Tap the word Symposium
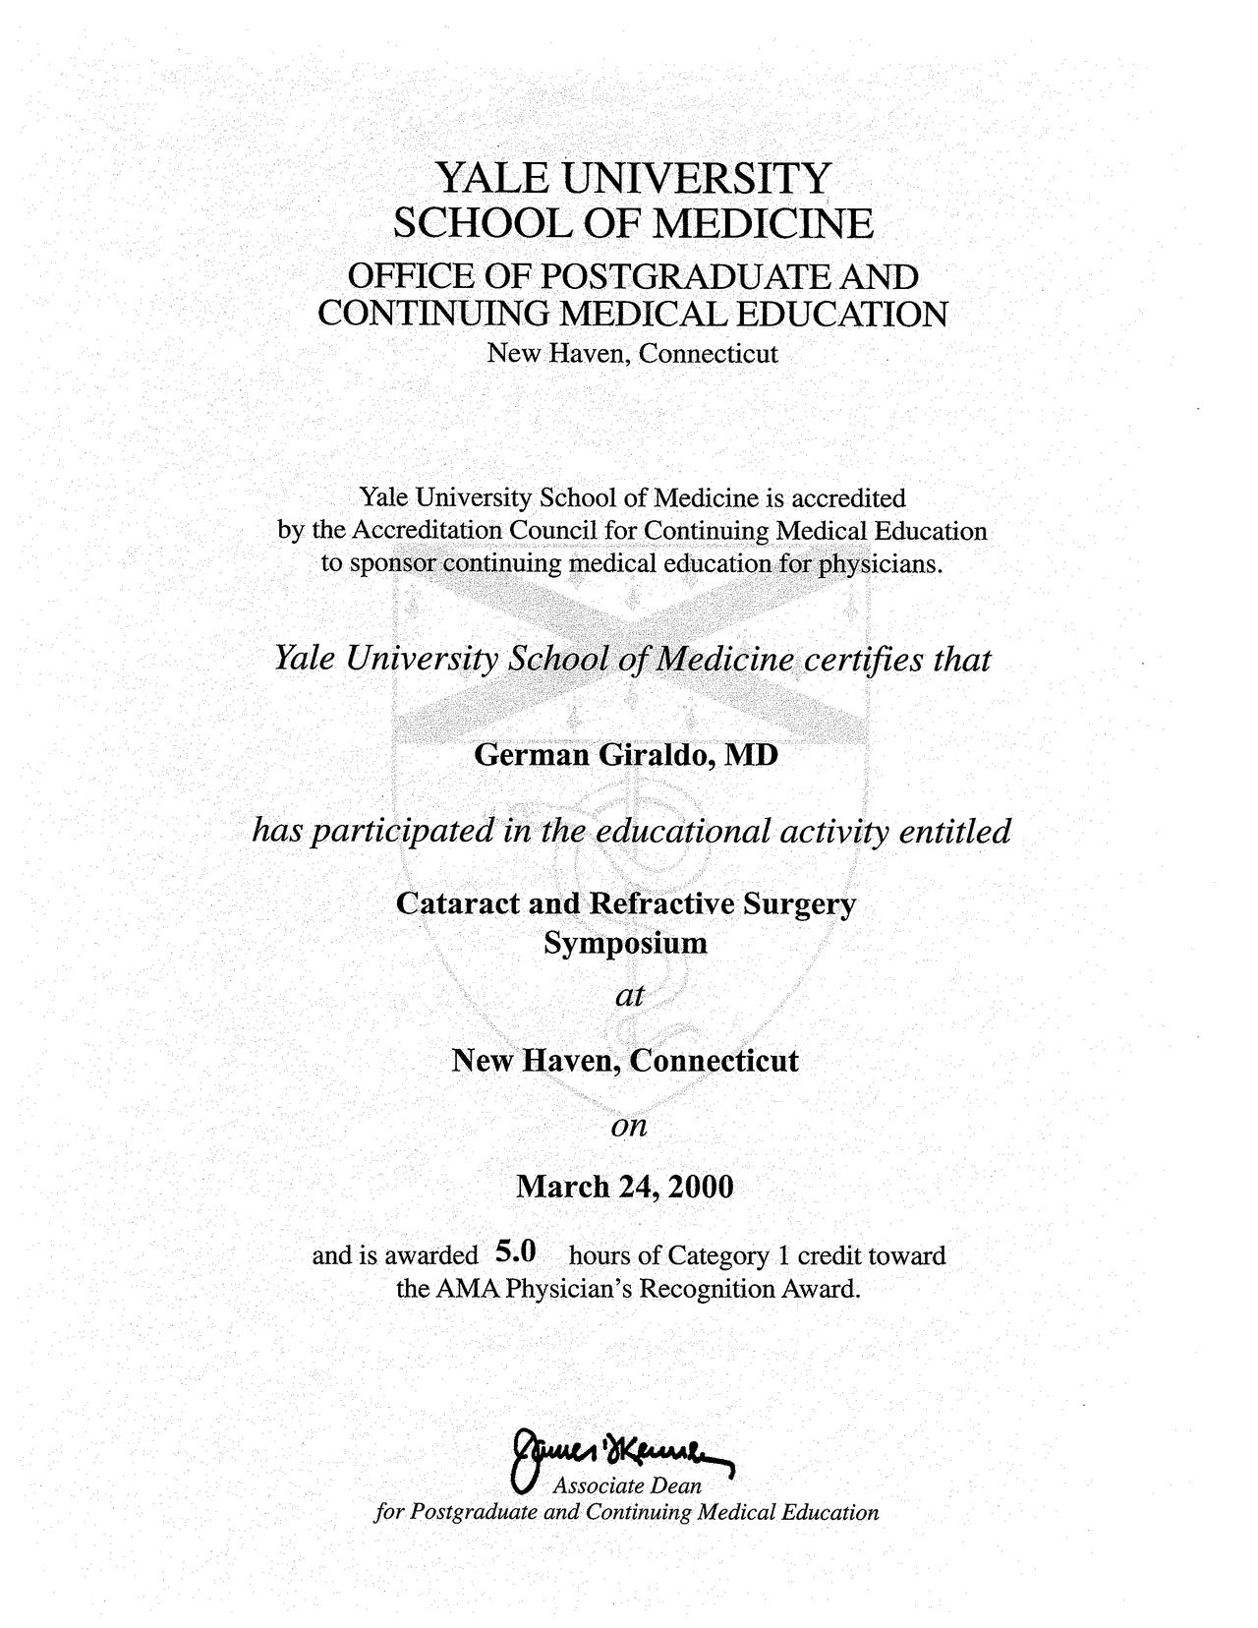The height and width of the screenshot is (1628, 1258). click(x=626, y=944)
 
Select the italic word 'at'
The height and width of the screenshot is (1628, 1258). click(x=628, y=996)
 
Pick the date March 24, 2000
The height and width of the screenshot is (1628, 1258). click(x=625, y=1188)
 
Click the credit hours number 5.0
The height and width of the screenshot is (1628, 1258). click(x=516, y=1252)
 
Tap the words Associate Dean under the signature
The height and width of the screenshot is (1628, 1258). click(x=627, y=1485)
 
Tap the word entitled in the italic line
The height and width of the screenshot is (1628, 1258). click(x=955, y=832)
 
